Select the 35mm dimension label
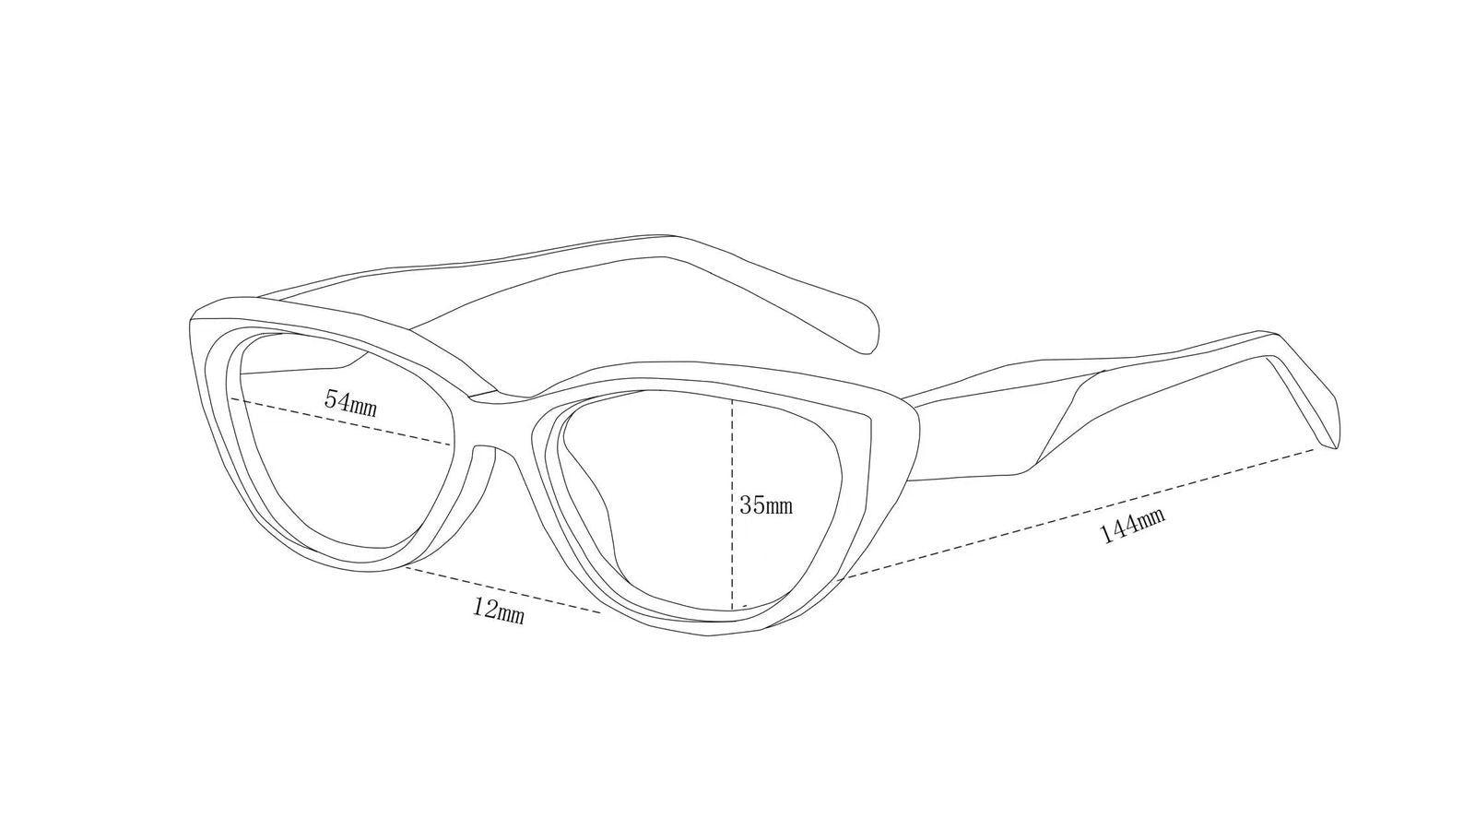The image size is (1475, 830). [x=766, y=505]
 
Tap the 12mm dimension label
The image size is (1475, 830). [x=499, y=610]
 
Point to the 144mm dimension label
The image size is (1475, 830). [x=1132, y=525]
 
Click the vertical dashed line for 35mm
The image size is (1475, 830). [x=732, y=504]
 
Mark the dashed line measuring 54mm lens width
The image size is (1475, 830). [x=340, y=421]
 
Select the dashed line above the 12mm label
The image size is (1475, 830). [x=503, y=589]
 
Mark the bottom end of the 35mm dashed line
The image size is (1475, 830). [x=732, y=609]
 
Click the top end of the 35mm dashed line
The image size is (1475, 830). [x=732, y=399]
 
